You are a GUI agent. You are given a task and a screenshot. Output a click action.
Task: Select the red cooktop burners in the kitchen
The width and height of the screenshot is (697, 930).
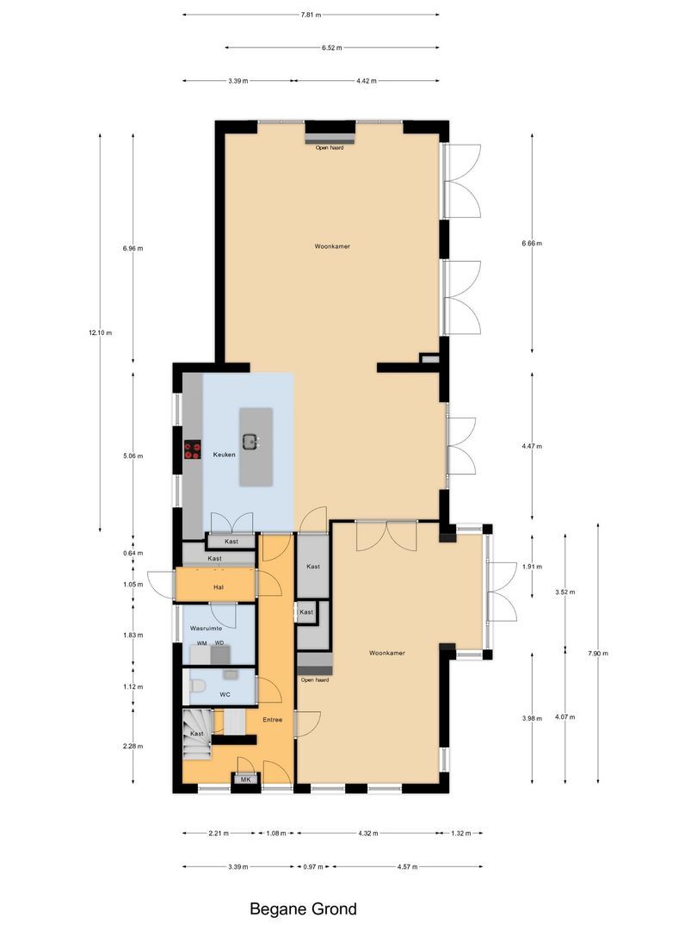[193, 449]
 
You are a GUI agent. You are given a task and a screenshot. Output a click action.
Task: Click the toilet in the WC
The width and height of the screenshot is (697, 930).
[198, 686]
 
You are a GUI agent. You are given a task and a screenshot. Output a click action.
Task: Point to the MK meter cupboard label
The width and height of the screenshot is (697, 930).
[245, 779]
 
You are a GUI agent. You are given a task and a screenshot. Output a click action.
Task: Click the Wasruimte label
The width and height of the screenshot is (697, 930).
[207, 629]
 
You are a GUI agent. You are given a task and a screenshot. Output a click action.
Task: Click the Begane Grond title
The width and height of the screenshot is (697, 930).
[303, 908]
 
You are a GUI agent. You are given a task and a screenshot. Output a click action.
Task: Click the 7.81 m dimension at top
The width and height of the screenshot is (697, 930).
[311, 15]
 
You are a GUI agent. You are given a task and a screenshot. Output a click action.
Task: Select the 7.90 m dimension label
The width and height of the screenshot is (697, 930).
[597, 654]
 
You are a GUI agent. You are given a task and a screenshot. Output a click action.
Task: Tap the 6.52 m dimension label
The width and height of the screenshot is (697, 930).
[332, 48]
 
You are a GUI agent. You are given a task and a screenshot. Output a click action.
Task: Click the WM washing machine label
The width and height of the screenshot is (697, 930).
[201, 643]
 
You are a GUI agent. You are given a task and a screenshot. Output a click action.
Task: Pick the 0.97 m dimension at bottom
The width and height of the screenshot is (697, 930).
[313, 866]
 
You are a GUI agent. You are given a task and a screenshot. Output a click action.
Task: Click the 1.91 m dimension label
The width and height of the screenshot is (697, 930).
[531, 566]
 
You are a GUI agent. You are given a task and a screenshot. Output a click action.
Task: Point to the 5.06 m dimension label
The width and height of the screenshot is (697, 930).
[133, 456]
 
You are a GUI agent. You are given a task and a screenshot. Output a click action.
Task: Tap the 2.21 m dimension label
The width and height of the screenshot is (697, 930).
[219, 834]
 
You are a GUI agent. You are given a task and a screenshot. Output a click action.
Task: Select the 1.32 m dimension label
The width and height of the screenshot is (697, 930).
[460, 834]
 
